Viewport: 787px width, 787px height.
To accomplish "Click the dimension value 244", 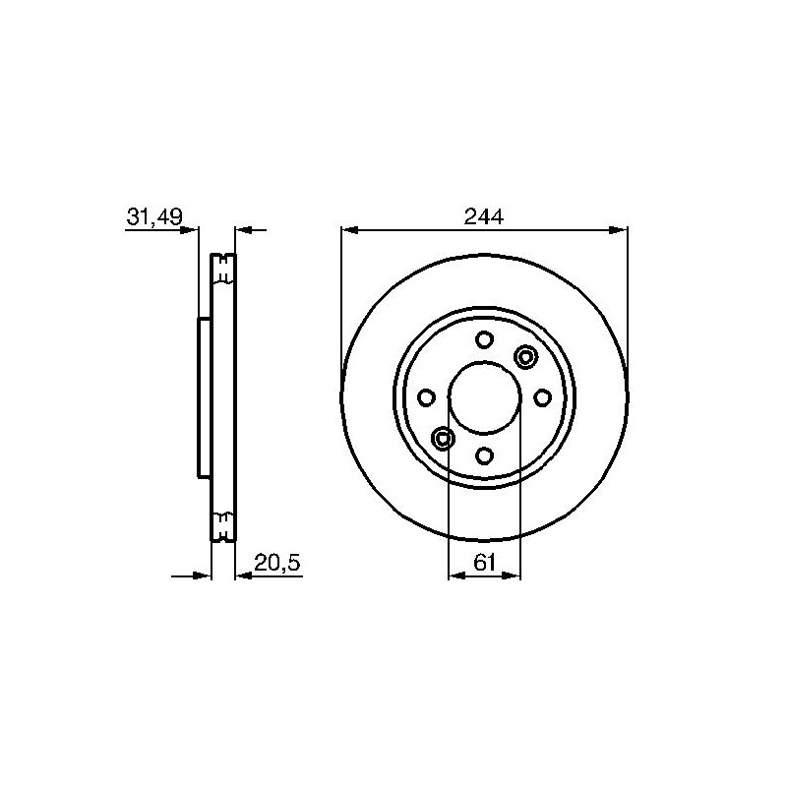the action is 483,216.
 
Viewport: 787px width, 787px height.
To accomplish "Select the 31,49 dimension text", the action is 154,217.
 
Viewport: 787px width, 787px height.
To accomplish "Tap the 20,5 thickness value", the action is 277,563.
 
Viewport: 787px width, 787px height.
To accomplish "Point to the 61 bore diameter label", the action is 484,563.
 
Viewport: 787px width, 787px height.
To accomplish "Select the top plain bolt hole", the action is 484,339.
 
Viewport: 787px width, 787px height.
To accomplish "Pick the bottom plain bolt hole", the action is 484,455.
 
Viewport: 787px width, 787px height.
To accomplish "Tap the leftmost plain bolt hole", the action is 426,398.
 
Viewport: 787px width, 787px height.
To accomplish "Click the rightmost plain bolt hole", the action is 542,398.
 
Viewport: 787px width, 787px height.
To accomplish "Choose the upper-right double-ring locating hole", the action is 525,357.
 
